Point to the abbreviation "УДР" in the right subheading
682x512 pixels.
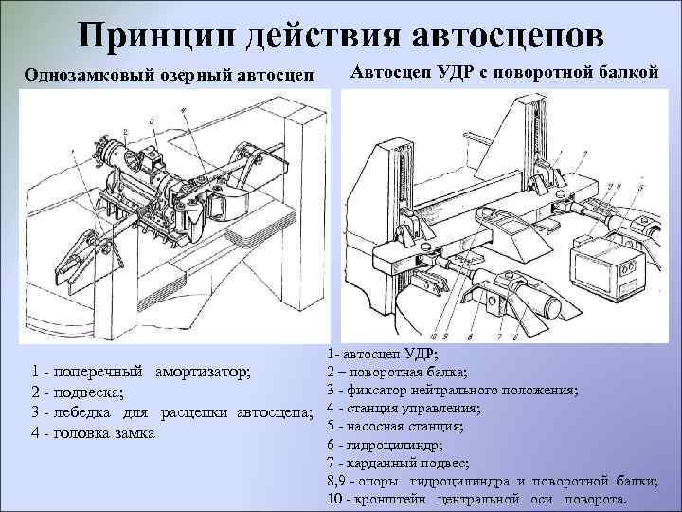point(449,72)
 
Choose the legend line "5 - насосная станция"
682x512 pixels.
point(393,426)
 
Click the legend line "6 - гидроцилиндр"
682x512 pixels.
point(383,444)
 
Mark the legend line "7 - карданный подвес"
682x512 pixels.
point(397,462)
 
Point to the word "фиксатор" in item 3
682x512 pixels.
point(374,390)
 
